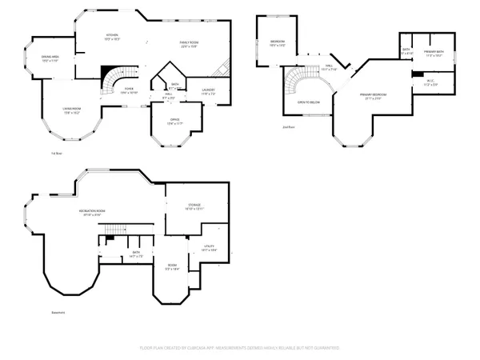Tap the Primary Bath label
(x=433, y=53)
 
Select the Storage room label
(x=195, y=206)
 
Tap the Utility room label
(x=210, y=249)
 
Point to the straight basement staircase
(x=122, y=229)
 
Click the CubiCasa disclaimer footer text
(x=239, y=348)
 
